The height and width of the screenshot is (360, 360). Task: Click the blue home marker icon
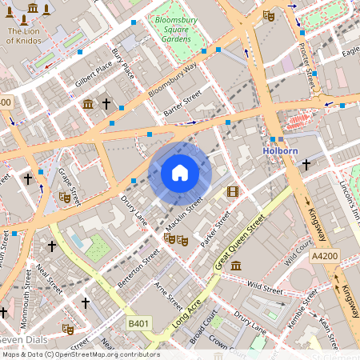pos(180,173)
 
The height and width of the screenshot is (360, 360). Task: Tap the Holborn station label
pos(281,150)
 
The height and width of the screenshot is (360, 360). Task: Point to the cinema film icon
pos(232,191)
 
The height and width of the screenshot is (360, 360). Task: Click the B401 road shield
pos(138,324)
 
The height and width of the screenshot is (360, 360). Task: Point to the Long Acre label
pos(185,313)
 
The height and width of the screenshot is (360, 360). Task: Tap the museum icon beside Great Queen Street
pos(237,265)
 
